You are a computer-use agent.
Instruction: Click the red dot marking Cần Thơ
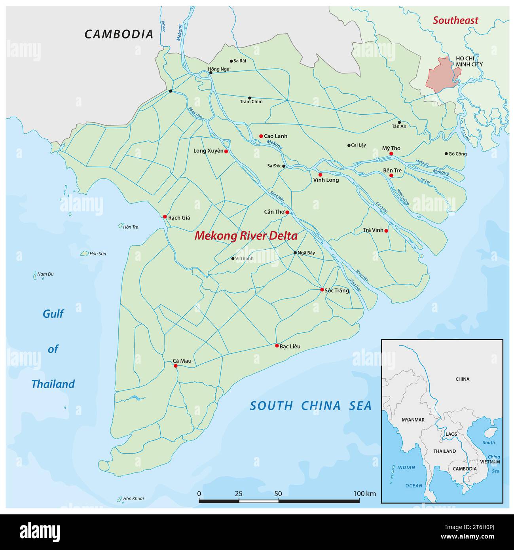point(287,212)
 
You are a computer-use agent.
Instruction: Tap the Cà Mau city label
point(182,360)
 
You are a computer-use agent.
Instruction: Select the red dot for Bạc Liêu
point(277,345)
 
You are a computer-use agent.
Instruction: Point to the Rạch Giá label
point(179,218)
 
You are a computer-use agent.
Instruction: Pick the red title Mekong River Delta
point(246,236)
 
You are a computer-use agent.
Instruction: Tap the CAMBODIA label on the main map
point(119,34)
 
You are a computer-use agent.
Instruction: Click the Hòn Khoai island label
point(133,498)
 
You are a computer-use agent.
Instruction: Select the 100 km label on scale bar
point(364,493)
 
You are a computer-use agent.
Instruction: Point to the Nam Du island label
point(45,274)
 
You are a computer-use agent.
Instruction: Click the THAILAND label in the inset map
point(444,451)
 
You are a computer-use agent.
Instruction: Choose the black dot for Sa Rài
point(231,61)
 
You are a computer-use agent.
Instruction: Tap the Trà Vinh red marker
point(386,231)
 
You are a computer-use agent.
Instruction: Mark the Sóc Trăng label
point(337,290)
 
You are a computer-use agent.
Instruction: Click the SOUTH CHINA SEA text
point(311,406)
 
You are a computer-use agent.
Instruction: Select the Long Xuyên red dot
point(226,151)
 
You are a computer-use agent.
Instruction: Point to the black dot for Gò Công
point(446,154)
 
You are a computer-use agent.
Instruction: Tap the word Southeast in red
point(455,20)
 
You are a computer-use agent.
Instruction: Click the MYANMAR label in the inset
point(413,420)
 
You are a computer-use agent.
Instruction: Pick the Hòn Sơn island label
point(97,254)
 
